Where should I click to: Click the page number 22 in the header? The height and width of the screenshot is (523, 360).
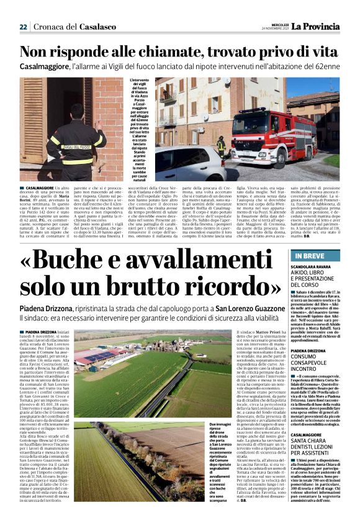pos(23,27)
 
